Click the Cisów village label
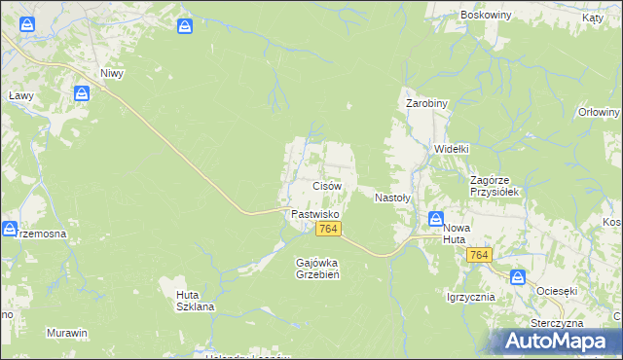[x=326, y=185]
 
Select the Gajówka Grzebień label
[x=316, y=268]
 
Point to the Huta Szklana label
[x=195, y=300]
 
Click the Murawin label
[x=67, y=333]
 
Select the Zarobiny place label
[x=425, y=102]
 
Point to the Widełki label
[x=452, y=149]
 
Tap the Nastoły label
[x=393, y=197]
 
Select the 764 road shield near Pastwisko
[x=328, y=229]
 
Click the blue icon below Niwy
[x=83, y=93]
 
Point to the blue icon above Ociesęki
[x=517, y=277]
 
